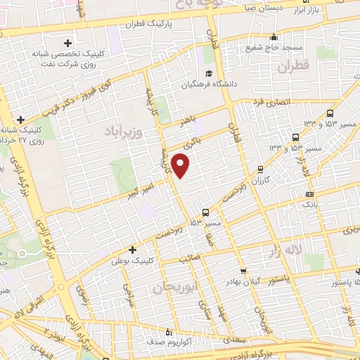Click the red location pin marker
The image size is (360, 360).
click(181, 166)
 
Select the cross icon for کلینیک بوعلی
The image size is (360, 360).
click(132, 250)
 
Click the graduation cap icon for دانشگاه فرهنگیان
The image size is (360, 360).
click(208, 73)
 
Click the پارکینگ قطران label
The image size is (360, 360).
click(172, 23)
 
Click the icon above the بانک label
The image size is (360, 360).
click(309, 193)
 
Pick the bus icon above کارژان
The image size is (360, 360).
click(260, 169)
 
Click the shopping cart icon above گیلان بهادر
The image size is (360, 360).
click(243, 271)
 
